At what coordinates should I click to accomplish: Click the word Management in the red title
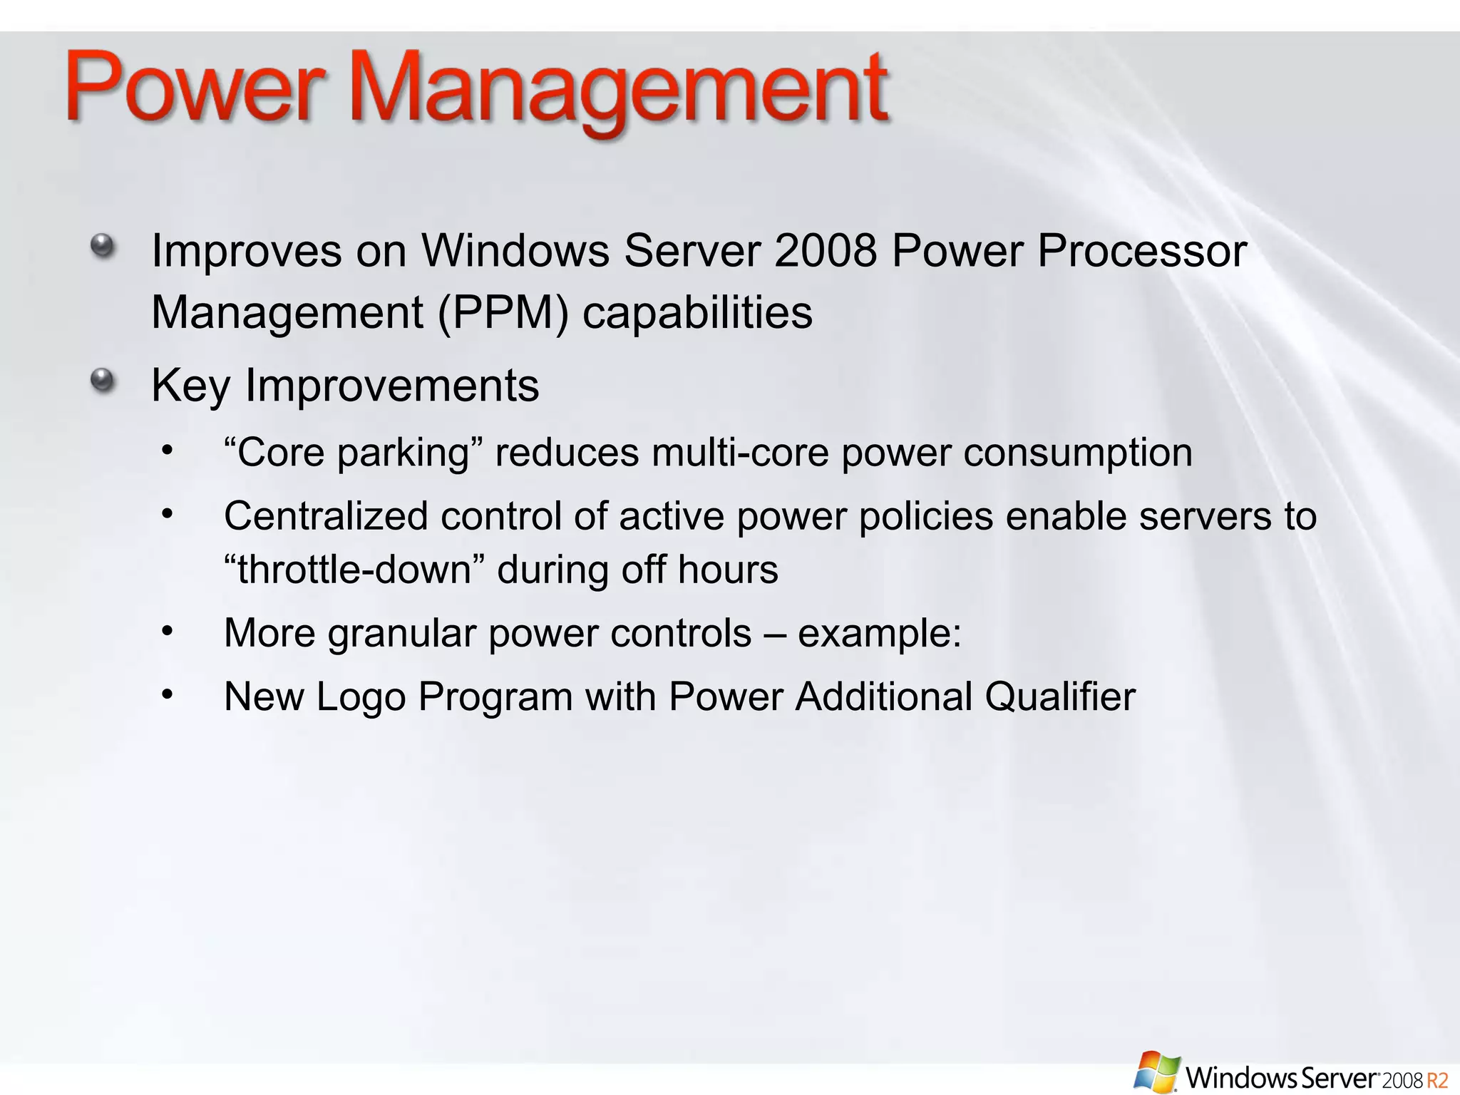pyautogui.click(x=620, y=89)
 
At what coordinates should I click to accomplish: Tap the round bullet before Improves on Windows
pyautogui.click(x=103, y=247)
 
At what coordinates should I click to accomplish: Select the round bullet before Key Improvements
pyautogui.click(x=103, y=381)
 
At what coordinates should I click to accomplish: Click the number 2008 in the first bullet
pyautogui.click(x=825, y=251)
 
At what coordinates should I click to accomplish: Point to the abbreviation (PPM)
pyautogui.click(x=503, y=312)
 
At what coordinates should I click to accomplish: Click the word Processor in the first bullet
pyautogui.click(x=1141, y=251)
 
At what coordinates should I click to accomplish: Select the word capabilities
pyautogui.click(x=697, y=312)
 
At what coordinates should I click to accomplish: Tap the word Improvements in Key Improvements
pyautogui.click(x=392, y=386)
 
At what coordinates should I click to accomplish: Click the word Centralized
pyautogui.click(x=326, y=515)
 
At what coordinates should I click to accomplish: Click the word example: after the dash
pyautogui.click(x=880, y=633)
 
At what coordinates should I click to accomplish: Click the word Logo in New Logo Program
pyautogui.click(x=361, y=696)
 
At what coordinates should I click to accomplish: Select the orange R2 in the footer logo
pyautogui.click(x=1436, y=1079)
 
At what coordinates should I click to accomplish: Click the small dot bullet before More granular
pyautogui.click(x=168, y=630)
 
